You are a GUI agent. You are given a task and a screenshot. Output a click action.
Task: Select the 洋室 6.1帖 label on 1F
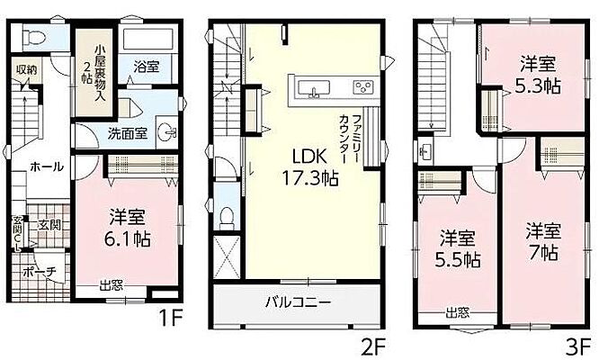(130, 228)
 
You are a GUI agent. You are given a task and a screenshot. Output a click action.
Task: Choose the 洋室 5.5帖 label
(459, 249)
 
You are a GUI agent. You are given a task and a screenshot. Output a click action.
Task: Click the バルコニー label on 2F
(300, 301)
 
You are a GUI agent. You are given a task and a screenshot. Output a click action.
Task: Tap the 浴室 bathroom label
(148, 66)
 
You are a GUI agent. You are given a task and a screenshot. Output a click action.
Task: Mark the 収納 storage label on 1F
(24, 69)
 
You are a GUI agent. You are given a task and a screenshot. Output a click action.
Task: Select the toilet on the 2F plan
(228, 218)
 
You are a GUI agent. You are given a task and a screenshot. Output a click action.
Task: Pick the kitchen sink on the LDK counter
(313, 87)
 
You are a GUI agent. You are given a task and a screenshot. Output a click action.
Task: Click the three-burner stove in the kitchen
(363, 87)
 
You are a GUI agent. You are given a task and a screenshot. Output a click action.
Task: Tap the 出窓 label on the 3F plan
(457, 311)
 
